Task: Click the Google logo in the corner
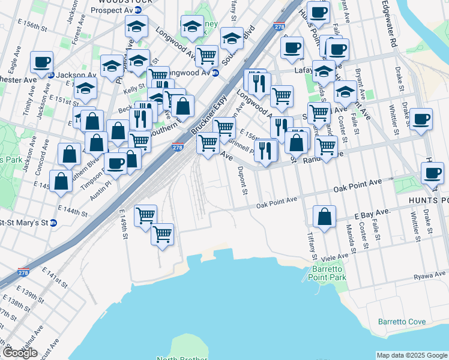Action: coord(20,353)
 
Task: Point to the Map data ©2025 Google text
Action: coord(412,355)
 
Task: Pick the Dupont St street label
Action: coord(243,181)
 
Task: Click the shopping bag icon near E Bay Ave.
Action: coord(324,218)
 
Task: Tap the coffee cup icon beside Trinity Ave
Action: coord(41,62)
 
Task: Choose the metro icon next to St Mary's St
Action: coord(53,223)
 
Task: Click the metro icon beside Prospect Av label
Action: coord(138,10)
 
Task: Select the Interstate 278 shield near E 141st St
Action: coord(23,272)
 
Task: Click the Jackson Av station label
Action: coord(78,75)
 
